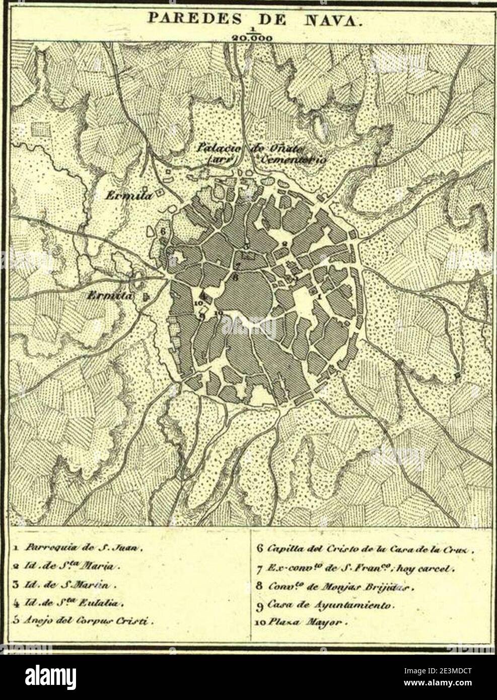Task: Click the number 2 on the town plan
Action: pyautogui.click(x=284, y=244)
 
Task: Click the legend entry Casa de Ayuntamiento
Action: pyautogui.click(x=328, y=605)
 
